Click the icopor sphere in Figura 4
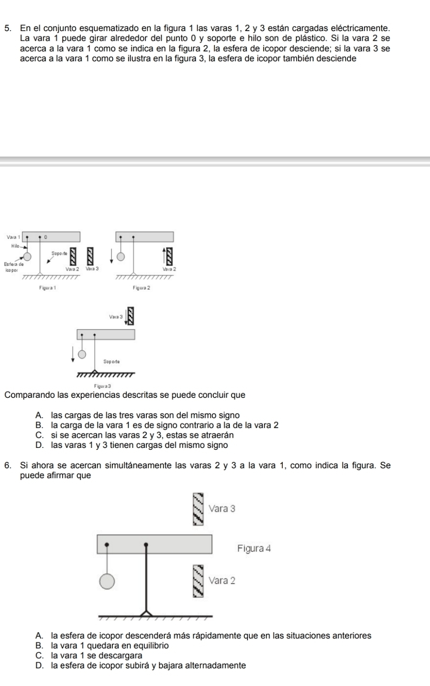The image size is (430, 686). click(107, 581)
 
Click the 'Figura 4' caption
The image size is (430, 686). click(254, 548)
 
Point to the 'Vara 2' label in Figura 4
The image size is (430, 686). click(222, 580)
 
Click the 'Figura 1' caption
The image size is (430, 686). click(47, 288)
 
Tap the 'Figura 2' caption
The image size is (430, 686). click(141, 288)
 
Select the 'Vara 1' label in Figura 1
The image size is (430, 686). click(13, 237)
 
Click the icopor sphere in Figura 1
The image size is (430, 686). click(27, 256)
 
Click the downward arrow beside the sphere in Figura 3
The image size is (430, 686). click(73, 354)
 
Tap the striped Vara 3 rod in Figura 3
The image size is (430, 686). click(131, 316)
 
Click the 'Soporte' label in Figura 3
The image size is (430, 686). click(111, 362)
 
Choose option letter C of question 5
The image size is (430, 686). click(39, 435)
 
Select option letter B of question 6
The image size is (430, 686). click(39, 646)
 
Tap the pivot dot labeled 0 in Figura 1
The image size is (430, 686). click(40, 237)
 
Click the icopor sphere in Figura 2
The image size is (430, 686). click(121, 256)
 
